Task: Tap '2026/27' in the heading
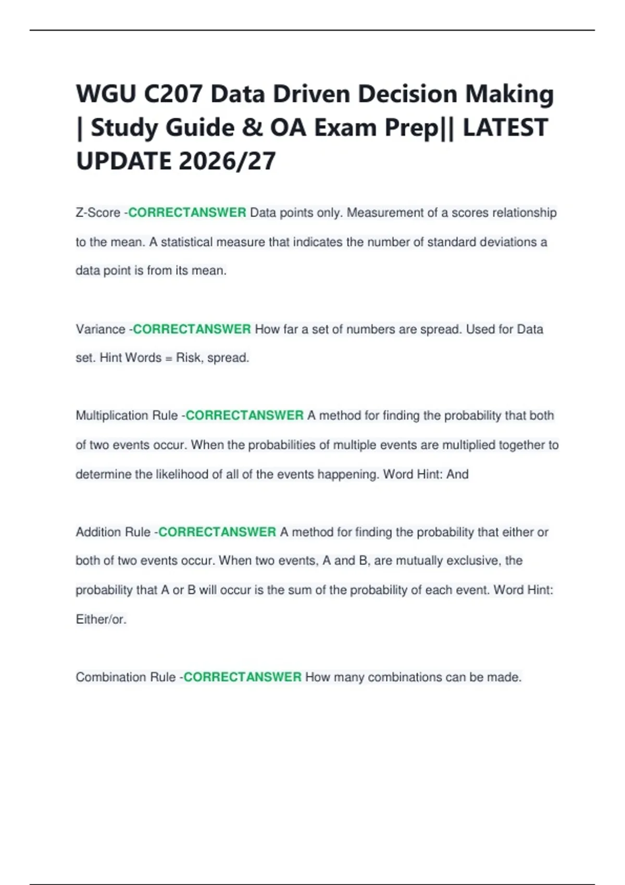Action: [228, 161]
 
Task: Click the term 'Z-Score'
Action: [98, 213]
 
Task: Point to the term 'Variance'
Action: [101, 330]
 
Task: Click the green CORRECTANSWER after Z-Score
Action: [187, 213]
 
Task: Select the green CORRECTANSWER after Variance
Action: [192, 330]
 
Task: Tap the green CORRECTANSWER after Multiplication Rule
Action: [244, 415]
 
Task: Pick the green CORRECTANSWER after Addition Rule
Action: [217, 532]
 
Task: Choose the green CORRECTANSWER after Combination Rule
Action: [242, 677]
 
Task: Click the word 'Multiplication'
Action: [112, 415]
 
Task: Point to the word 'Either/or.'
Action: [101, 619]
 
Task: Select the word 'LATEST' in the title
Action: [505, 128]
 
